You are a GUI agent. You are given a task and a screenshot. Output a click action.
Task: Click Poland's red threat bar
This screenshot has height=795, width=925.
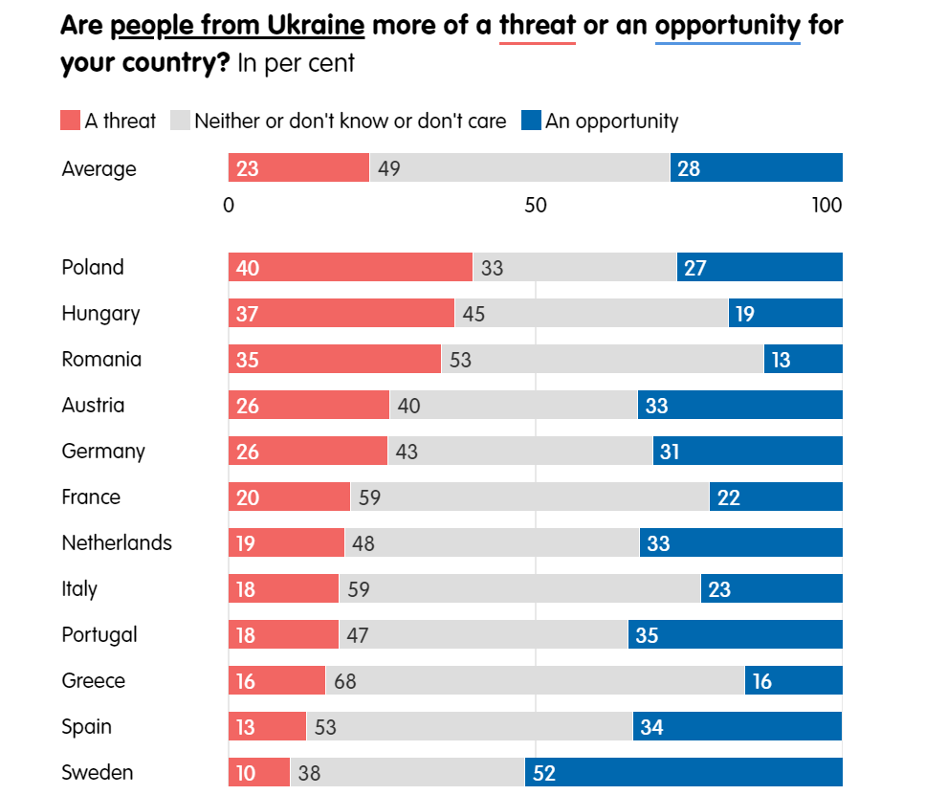350,267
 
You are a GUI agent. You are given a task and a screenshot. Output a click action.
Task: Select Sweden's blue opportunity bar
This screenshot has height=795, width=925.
683,772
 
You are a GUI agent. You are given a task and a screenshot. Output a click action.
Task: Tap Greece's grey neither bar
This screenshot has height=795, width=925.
535,680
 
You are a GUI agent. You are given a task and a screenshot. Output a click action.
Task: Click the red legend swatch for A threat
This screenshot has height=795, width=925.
70,121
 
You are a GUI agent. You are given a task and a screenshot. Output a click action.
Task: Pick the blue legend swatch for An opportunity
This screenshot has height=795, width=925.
531,121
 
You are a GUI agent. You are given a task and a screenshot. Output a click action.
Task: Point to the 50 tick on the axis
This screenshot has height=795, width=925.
535,206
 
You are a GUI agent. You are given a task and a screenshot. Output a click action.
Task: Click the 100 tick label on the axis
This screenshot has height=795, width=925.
826,206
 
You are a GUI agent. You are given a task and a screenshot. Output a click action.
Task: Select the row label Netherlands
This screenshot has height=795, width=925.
117,542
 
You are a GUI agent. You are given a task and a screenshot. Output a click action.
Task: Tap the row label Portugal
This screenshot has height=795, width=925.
99,634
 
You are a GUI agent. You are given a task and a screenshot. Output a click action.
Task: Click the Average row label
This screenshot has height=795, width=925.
99,169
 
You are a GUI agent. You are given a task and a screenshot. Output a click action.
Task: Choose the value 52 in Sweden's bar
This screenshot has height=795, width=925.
544,773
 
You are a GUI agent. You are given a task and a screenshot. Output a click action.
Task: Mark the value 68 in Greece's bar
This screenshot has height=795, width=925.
346,681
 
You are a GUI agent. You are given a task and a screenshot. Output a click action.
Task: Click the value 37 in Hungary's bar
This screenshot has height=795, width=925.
247,314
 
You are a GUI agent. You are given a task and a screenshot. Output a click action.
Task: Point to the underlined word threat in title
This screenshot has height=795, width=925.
537,24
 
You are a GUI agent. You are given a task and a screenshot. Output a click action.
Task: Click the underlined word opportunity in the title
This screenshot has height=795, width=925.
727,24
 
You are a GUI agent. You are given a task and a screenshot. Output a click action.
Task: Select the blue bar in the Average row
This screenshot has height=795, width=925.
756,168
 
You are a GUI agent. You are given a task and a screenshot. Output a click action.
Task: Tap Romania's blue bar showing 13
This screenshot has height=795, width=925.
803,359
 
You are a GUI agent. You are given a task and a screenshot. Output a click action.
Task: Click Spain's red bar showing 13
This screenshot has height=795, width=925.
267,726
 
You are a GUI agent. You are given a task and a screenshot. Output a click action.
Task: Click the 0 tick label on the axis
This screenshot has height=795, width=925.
229,206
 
